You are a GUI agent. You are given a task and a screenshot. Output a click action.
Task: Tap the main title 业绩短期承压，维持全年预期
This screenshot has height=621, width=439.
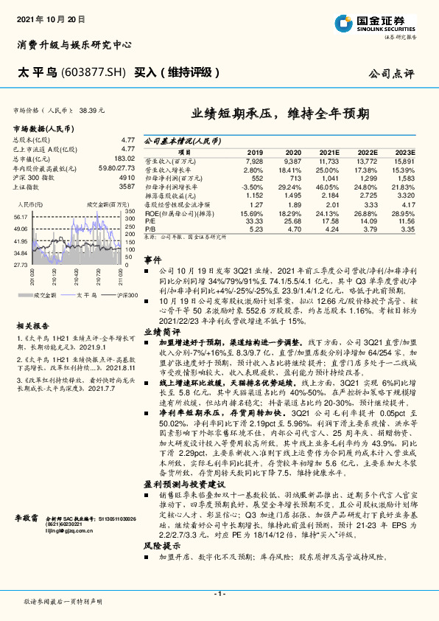(x=281, y=114)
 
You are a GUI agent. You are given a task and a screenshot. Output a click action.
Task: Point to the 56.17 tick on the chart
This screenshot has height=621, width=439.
(x=20, y=218)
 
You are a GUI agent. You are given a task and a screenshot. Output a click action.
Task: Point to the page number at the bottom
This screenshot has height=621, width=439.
(x=219, y=594)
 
